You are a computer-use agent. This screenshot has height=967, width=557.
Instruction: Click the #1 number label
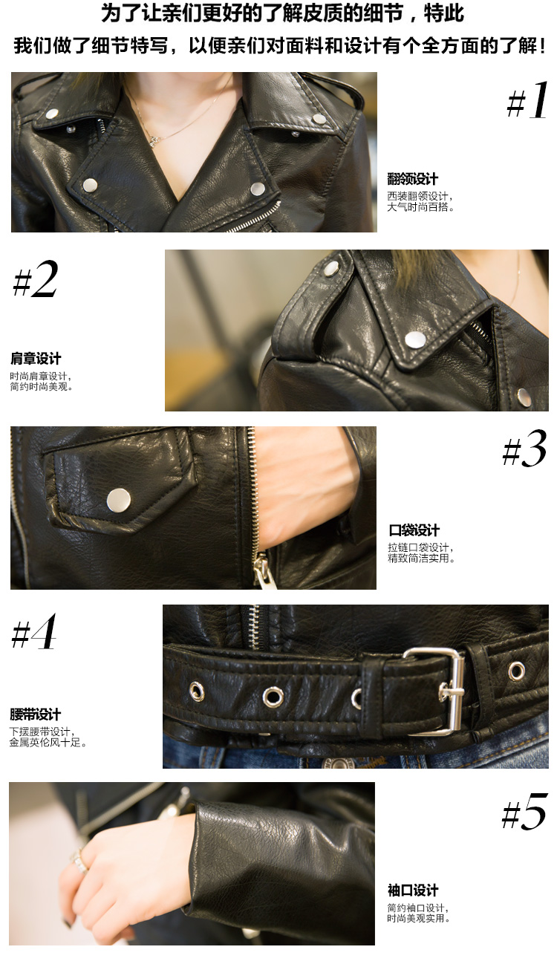coord(527,100)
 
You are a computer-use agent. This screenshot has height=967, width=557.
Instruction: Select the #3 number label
coord(524,449)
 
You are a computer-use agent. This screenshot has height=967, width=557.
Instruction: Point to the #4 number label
coord(33,631)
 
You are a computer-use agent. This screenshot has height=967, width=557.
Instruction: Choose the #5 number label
coord(524,812)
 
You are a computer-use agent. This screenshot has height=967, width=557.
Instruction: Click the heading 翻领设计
coord(412,179)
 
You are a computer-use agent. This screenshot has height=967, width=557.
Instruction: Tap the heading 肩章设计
coord(36,358)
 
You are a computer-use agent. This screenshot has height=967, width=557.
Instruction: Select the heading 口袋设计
coord(414,530)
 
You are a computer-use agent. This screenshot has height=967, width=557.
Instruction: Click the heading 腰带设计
coord(35,714)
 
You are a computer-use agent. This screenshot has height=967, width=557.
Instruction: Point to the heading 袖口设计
coord(413,891)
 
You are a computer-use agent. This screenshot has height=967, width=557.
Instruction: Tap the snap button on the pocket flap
coord(119,501)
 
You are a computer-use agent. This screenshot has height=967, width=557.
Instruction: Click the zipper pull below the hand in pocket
coord(261,570)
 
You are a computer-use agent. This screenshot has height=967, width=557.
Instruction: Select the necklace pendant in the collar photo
coord(153,141)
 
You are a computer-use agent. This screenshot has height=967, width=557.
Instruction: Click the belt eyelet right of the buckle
coord(516,671)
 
